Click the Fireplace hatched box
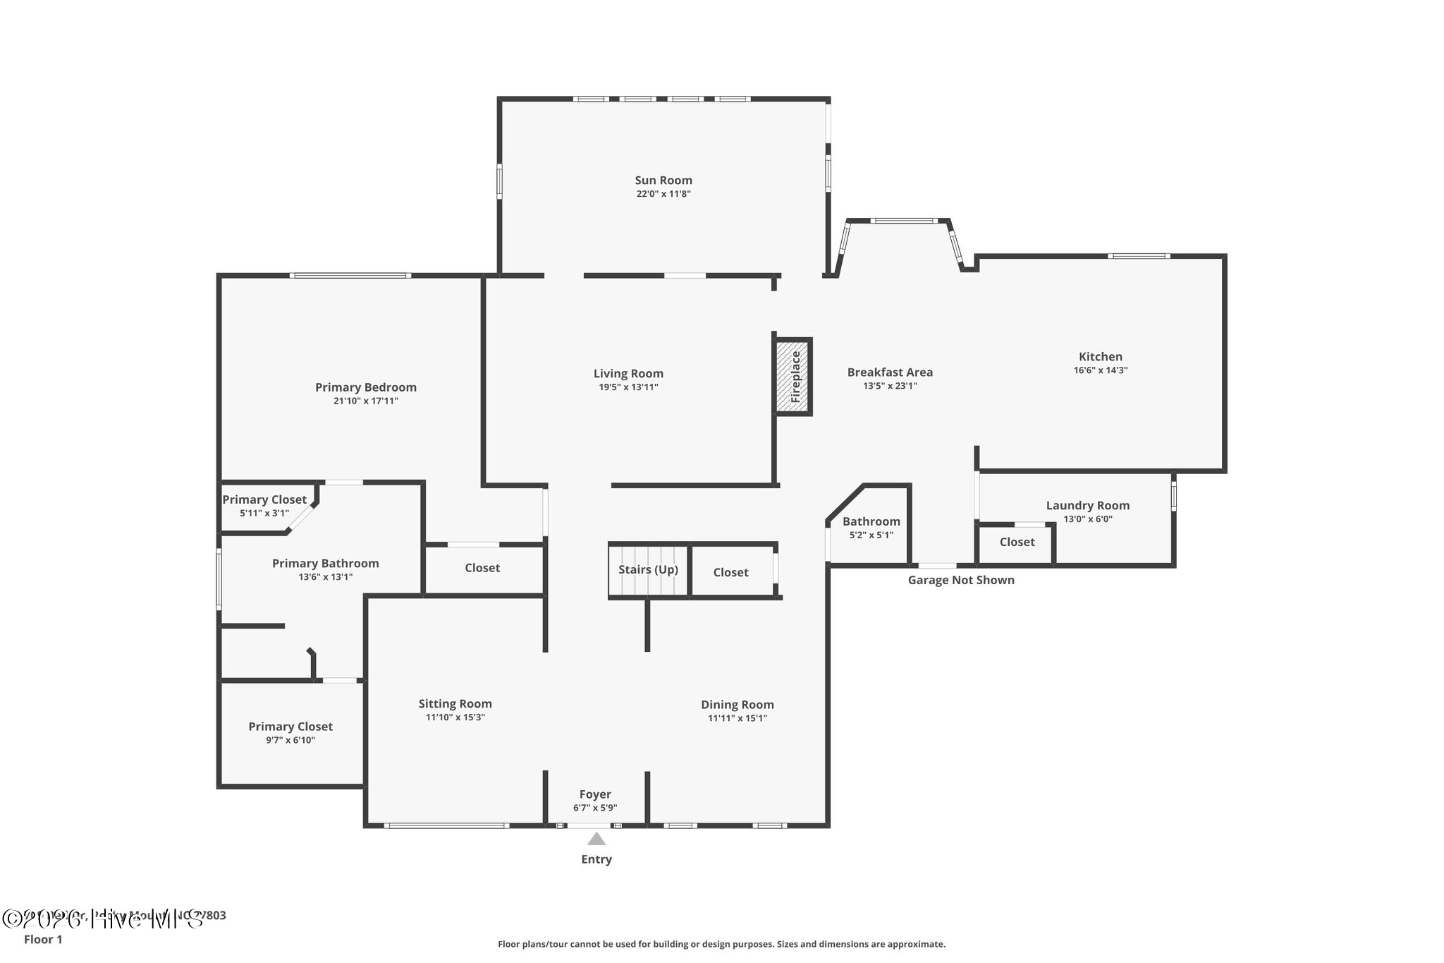[794, 376]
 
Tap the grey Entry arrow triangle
[596, 839]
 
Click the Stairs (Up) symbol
[648, 570]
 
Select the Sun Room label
[663, 180]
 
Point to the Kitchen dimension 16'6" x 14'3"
[1100, 370]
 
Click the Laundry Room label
[1087, 505]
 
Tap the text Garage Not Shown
[960, 580]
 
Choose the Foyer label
[595, 794]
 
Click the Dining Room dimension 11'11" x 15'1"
[737, 718]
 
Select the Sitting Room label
[455, 703]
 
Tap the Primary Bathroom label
[325, 563]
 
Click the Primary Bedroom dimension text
[365, 401]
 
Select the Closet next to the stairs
[730, 572]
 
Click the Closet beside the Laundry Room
[1017, 542]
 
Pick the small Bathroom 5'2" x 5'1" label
[871, 521]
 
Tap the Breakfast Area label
[889, 372]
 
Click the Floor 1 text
[43, 940]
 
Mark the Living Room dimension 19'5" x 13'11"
[628, 387]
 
